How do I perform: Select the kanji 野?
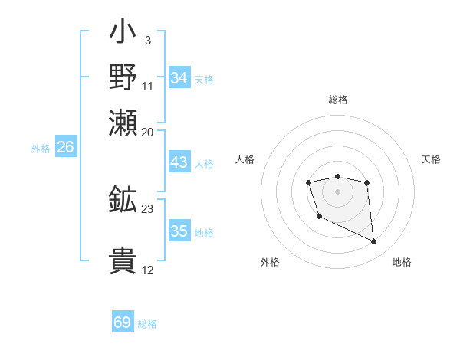(123, 77)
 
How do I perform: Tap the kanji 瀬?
(123, 121)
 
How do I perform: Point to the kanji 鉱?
(123, 199)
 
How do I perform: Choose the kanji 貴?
(123, 260)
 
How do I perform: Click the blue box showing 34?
(179, 78)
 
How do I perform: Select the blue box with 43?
(179, 162)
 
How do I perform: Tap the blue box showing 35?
(179, 231)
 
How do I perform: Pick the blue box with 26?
(65, 148)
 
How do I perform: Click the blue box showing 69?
(123, 322)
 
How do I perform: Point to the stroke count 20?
(147, 131)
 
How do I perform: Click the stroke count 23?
(147, 208)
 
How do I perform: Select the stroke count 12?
(147, 270)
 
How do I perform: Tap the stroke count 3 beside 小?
(147, 40)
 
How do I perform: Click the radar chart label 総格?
(338, 100)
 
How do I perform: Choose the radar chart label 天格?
(431, 159)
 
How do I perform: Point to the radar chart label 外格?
(270, 262)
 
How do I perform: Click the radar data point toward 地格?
(374, 242)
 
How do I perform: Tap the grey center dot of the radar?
(337, 190)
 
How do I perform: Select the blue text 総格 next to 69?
(147, 324)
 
